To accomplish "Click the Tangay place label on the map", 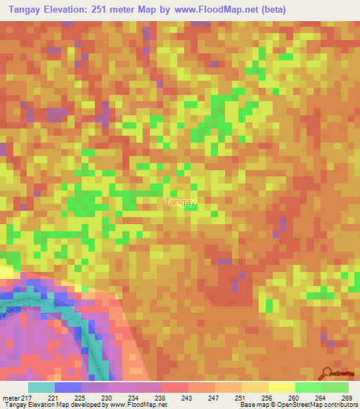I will (180, 202).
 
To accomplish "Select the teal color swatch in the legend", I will (41, 387).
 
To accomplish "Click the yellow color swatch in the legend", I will (281, 387).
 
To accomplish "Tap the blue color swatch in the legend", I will (68, 387).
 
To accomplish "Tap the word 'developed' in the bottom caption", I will (82, 405).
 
